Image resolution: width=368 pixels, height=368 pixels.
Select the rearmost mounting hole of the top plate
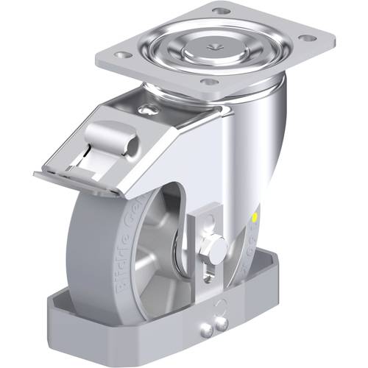click(x=219, y=11)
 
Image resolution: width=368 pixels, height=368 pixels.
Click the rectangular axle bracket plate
click(x=202, y=236)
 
